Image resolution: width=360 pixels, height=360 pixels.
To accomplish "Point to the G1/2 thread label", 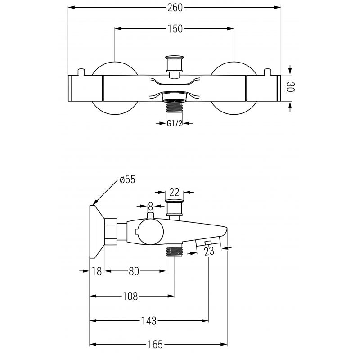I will [175, 123].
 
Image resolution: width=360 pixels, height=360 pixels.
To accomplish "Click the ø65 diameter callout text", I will [127, 180].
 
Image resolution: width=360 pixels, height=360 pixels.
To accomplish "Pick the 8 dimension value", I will [151, 207].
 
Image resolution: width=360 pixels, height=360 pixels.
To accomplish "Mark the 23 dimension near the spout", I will [209, 252].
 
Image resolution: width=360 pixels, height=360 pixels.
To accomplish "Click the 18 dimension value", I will [97, 271].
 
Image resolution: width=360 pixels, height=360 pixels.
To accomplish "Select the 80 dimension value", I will [134, 271].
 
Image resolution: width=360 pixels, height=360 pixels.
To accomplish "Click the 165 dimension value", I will [155, 345].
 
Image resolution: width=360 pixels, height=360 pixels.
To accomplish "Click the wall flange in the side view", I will [97, 231].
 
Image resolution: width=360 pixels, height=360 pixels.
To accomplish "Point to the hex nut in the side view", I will [111, 231].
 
